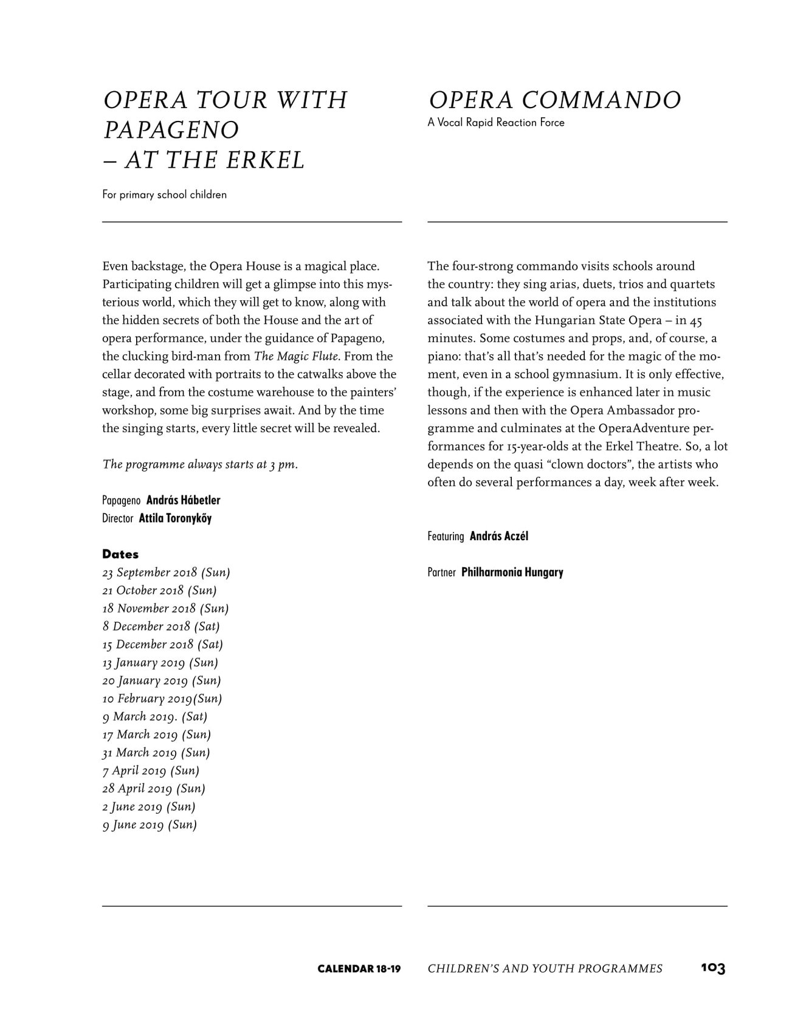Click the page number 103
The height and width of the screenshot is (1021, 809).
click(713, 968)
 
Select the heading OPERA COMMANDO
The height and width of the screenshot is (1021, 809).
click(554, 100)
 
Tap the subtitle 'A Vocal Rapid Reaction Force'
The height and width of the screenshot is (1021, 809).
click(496, 123)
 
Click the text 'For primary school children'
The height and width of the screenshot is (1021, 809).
click(165, 195)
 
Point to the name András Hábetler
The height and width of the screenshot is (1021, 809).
click(183, 501)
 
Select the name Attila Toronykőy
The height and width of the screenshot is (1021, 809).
click(175, 519)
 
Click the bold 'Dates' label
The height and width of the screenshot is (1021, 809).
click(120, 554)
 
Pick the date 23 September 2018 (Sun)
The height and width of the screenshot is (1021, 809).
click(166, 572)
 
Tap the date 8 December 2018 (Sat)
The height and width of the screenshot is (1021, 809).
click(161, 627)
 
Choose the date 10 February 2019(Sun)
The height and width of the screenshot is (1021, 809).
click(162, 699)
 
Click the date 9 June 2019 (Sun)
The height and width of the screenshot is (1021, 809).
click(150, 825)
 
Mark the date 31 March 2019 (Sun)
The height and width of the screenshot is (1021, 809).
click(156, 753)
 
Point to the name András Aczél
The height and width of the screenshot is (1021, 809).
click(499, 537)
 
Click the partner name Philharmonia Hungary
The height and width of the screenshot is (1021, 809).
click(512, 572)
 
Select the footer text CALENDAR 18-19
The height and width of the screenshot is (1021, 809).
click(359, 969)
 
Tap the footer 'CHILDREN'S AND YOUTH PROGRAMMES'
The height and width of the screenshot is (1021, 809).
click(545, 969)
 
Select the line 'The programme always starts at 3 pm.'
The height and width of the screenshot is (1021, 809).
click(200, 465)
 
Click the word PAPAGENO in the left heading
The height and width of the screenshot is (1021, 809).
click(171, 130)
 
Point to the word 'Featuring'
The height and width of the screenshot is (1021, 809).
click(446, 537)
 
